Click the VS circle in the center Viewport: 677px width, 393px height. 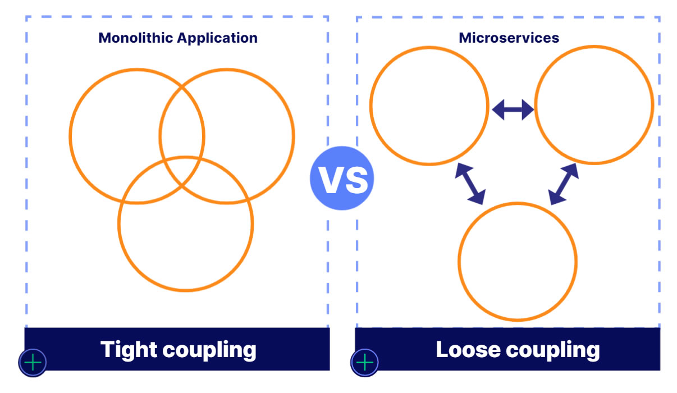click(341, 179)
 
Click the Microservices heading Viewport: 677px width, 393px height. click(509, 38)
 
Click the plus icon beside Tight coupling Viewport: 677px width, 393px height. click(33, 363)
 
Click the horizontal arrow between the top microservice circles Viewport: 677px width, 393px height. click(513, 109)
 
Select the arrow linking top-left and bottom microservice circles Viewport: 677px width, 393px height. click(470, 184)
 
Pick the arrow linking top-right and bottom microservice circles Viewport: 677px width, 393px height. click(563, 184)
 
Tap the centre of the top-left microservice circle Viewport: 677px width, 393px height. click(428, 106)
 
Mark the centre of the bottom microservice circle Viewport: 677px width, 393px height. click(517, 262)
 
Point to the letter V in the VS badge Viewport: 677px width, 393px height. click(329, 180)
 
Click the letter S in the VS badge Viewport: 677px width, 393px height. click(356, 180)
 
